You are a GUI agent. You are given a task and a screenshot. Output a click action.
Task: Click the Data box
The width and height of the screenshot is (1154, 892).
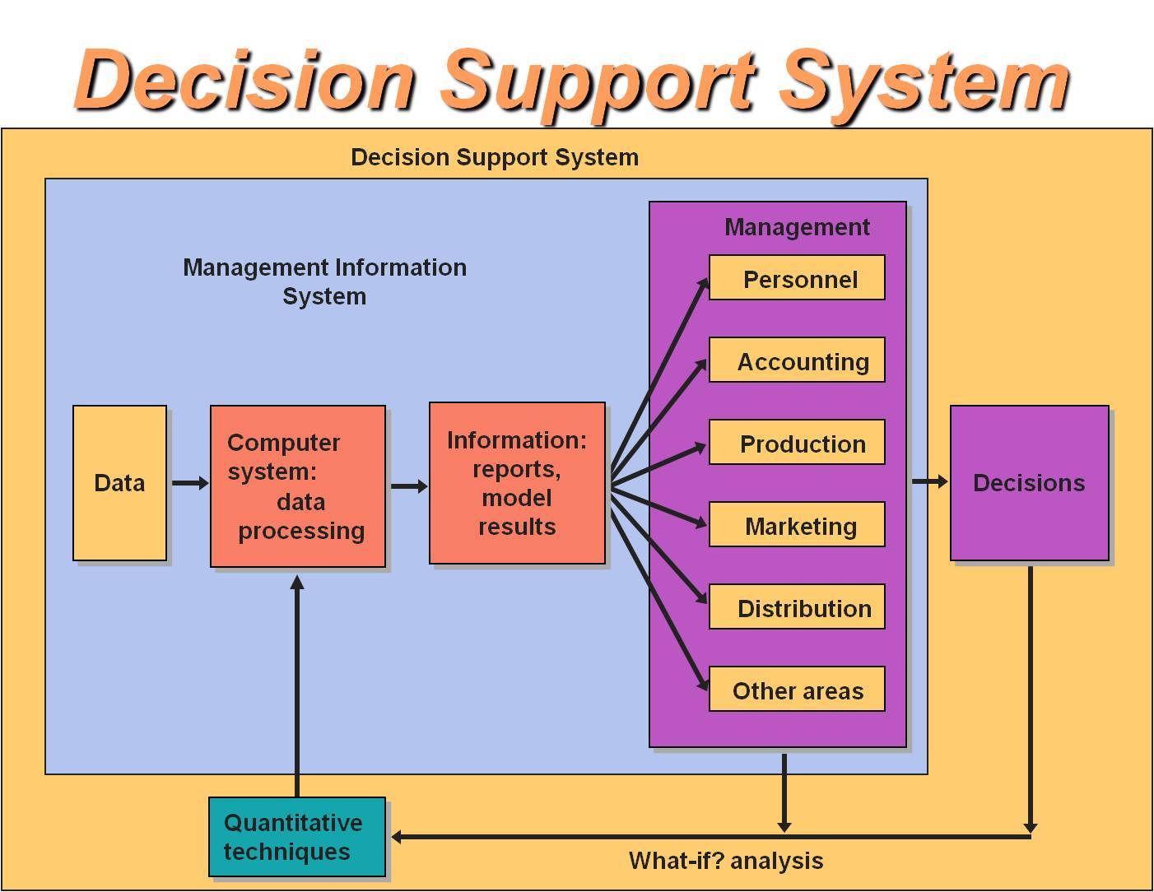click(119, 483)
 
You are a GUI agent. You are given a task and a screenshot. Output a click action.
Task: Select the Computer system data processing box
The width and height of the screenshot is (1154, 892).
click(297, 486)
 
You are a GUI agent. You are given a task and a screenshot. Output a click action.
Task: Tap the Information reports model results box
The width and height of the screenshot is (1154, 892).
click(517, 483)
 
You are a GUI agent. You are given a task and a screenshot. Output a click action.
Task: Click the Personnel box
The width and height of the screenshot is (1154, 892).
click(797, 278)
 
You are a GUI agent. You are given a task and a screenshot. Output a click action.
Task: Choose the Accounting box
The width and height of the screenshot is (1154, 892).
click(797, 360)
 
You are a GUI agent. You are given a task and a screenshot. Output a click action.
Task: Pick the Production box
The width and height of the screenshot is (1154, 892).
click(797, 443)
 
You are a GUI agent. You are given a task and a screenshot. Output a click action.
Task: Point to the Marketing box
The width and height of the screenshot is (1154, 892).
click(797, 525)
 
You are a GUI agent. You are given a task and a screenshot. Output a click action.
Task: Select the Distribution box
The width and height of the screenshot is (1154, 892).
click(797, 607)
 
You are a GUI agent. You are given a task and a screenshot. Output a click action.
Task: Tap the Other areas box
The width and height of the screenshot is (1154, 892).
click(797, 690)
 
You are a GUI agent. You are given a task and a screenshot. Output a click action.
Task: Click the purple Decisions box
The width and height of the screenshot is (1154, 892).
click(1029, 483)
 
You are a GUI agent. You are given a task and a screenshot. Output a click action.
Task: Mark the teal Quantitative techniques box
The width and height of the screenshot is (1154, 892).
click(296, 837)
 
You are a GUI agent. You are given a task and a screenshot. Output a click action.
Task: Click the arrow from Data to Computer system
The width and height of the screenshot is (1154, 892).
click(189, 483)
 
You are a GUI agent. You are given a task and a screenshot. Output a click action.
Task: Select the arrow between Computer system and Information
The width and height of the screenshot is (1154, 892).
click(408, 486)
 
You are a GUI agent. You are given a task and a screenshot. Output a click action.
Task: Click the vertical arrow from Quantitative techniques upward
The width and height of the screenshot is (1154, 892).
click(297, 683)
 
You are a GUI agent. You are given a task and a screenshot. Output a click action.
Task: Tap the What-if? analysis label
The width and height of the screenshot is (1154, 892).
click(726, 862)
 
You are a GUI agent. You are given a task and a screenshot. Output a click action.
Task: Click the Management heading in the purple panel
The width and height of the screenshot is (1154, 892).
click(797, 227)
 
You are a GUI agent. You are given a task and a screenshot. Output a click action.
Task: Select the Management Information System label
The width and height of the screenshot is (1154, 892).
click(324, 281)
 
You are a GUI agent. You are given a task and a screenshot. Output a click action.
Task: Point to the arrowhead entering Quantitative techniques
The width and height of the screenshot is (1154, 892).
click(398, 837)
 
